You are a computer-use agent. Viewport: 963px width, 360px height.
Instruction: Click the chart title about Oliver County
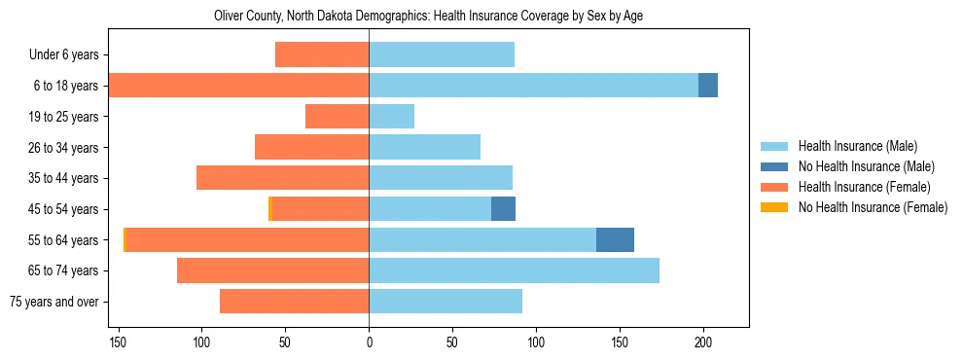[428, 17]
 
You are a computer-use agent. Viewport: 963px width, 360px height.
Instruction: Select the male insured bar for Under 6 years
[442, 54]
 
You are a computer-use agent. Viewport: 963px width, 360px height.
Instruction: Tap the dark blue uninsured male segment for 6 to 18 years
[708, 86]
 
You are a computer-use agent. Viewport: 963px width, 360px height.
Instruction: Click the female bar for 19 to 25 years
[337, 117]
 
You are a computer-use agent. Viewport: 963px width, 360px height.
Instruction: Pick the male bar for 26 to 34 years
[424, 147]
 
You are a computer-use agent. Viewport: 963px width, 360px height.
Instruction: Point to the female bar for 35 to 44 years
[282, 178]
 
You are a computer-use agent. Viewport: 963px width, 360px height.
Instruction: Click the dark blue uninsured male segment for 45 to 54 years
[503, 208]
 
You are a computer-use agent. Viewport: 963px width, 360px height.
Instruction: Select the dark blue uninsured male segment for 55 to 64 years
[615, 239]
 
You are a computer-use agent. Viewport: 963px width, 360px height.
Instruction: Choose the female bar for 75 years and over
[294, 302]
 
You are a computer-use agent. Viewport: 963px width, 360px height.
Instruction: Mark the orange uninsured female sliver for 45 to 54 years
[270, 208]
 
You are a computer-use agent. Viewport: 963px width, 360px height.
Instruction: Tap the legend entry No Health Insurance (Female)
[872, 207]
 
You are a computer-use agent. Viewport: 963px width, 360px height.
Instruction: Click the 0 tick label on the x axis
[369, 343]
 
